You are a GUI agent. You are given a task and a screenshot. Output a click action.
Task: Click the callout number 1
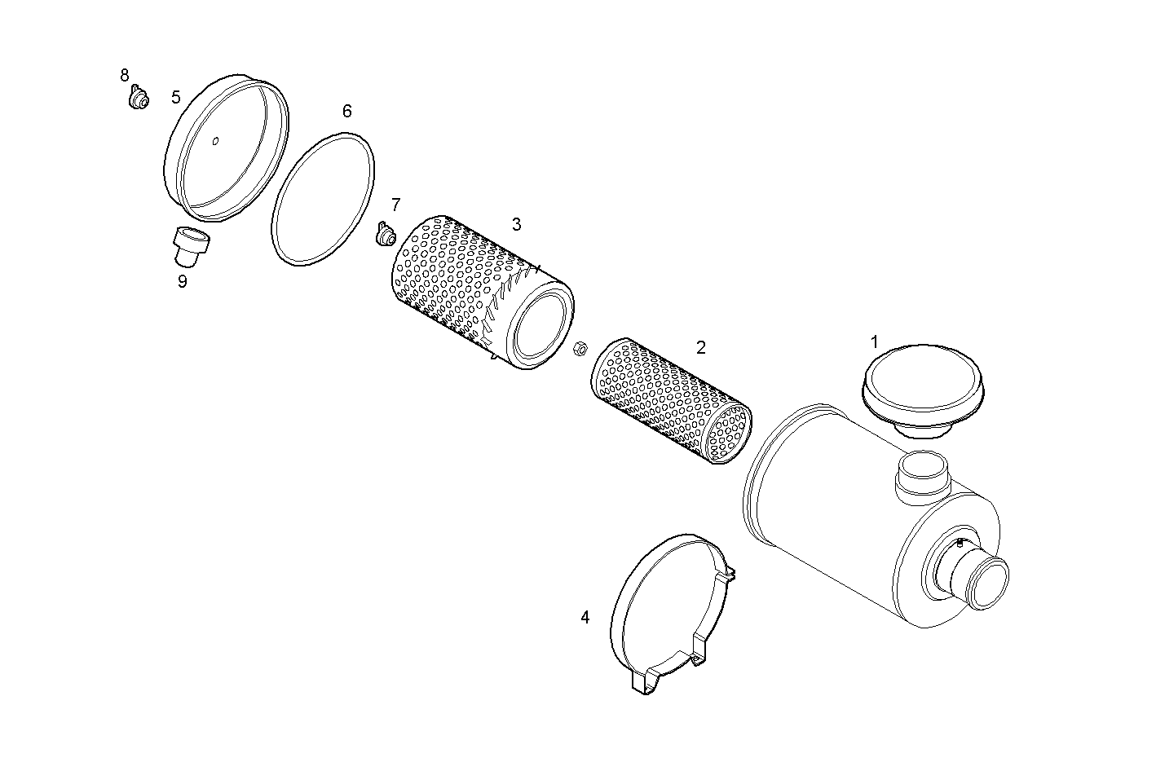coord(875,342)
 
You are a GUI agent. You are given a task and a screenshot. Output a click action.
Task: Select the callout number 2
coord(701,347)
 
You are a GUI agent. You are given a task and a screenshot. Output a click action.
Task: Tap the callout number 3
coord(516,224)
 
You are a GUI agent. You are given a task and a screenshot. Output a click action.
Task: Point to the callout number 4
coord(585,617)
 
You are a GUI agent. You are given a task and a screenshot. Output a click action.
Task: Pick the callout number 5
coord(176,98)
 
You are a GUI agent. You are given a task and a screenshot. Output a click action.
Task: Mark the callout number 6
coord(346,111)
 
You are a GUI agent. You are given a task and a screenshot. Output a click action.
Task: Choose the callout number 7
coord(395,205)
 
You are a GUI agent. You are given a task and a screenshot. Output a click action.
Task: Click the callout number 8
coord(125,76)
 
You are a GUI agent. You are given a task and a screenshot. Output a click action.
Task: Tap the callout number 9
coord(182,281)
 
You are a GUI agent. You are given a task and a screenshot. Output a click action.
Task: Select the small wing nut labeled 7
coord(385,236)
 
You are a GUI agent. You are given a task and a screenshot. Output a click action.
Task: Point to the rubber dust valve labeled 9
coord(191,245)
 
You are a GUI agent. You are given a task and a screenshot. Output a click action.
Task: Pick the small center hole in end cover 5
coord(215,143)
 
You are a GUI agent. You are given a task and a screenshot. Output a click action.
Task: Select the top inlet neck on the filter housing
coord(923,475)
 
